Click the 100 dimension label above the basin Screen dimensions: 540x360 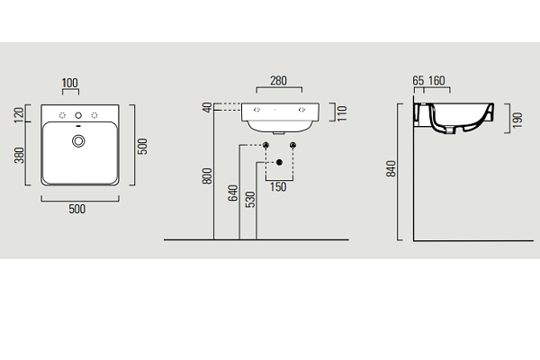[70, 83]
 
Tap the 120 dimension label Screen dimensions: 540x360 [19, 114]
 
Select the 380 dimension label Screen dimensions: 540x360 [19, 155]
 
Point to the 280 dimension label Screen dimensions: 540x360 [278, 81]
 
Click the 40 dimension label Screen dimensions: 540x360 [207, 107]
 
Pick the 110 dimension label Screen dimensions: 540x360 [342, 113]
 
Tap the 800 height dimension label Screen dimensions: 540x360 [207, 176]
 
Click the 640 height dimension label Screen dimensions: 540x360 [233, 193]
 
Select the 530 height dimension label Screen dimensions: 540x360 [250, 200]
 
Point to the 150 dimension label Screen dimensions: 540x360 [278, 187]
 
